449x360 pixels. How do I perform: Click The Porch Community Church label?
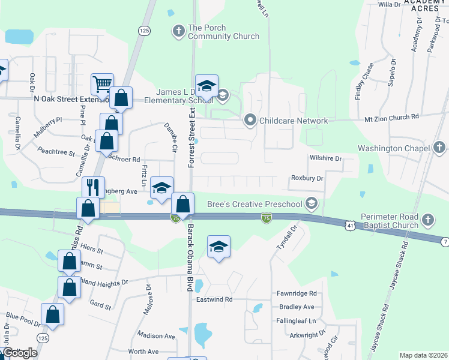point(223,32)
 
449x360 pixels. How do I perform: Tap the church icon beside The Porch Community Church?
point(178,30)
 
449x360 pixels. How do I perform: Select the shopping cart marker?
point(102,83)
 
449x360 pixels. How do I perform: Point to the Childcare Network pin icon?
point(251,121)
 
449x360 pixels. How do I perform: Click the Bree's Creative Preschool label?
point(255,204)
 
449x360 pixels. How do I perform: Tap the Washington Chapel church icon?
point(439,148)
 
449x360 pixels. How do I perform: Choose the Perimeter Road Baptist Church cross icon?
point(428,219)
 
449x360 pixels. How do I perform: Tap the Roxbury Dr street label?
point(307,178)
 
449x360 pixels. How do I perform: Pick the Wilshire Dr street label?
point(325,159)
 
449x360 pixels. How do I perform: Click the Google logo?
point(20,353)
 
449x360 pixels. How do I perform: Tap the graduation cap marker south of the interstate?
point(219,246)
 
